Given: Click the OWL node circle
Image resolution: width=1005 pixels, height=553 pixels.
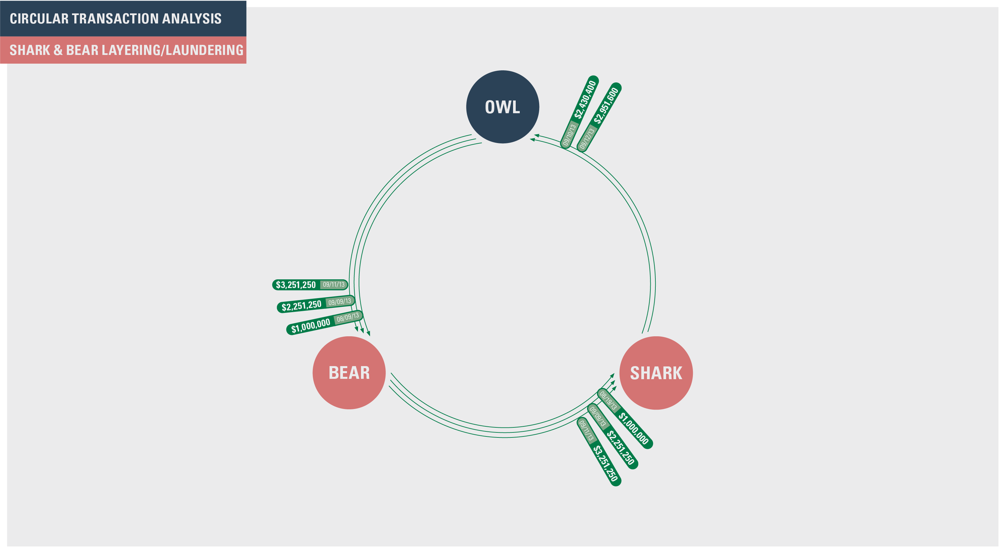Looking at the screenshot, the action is coord(502,107).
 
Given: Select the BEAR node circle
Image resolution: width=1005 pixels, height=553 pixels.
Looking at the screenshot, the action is coord(349,373).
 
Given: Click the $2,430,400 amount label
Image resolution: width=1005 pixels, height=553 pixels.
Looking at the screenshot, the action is coord(585,99).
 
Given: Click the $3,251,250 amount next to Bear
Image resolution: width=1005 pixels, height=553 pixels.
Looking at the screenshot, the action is coord(296,285).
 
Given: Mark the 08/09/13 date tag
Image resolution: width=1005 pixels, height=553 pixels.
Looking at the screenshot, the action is coord(348,317).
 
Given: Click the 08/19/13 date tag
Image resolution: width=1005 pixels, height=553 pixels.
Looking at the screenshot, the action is coord(608,400).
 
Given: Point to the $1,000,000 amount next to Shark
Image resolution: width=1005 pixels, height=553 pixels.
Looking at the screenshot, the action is coord(634,428).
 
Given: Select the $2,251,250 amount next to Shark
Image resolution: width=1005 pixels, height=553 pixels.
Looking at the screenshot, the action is coord(620,447).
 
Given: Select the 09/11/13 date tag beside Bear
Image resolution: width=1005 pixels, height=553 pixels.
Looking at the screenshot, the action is coord(334,284).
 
